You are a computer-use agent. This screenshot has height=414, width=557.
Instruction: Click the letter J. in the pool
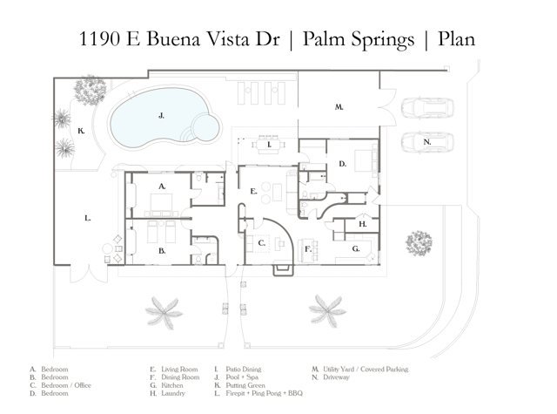(x=162, y=115)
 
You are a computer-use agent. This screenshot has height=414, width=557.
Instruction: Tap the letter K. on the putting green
(x=80, y=132)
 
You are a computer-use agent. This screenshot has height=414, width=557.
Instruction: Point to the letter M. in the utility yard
(x=339, y=107)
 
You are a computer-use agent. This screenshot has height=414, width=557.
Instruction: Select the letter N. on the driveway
(x=426, y=141)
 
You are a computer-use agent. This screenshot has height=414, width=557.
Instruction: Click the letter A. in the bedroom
(x=162, y=186)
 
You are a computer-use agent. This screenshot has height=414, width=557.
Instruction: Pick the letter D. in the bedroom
(x=343, y=163)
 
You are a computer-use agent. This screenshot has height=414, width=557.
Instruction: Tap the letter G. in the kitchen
(x=356, y=248)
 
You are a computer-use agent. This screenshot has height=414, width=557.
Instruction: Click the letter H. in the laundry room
(x=362, y=224)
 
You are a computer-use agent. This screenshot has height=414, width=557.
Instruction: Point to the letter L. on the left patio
(x=88, y=219)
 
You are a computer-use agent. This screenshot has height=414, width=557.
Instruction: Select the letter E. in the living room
(x=252, y=190)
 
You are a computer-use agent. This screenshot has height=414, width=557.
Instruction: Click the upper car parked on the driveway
(x=426, y=109)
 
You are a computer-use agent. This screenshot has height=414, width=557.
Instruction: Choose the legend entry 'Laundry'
(x=174, y=393)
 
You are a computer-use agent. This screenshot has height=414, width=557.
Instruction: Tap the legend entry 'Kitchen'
(x=174, y=385)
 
